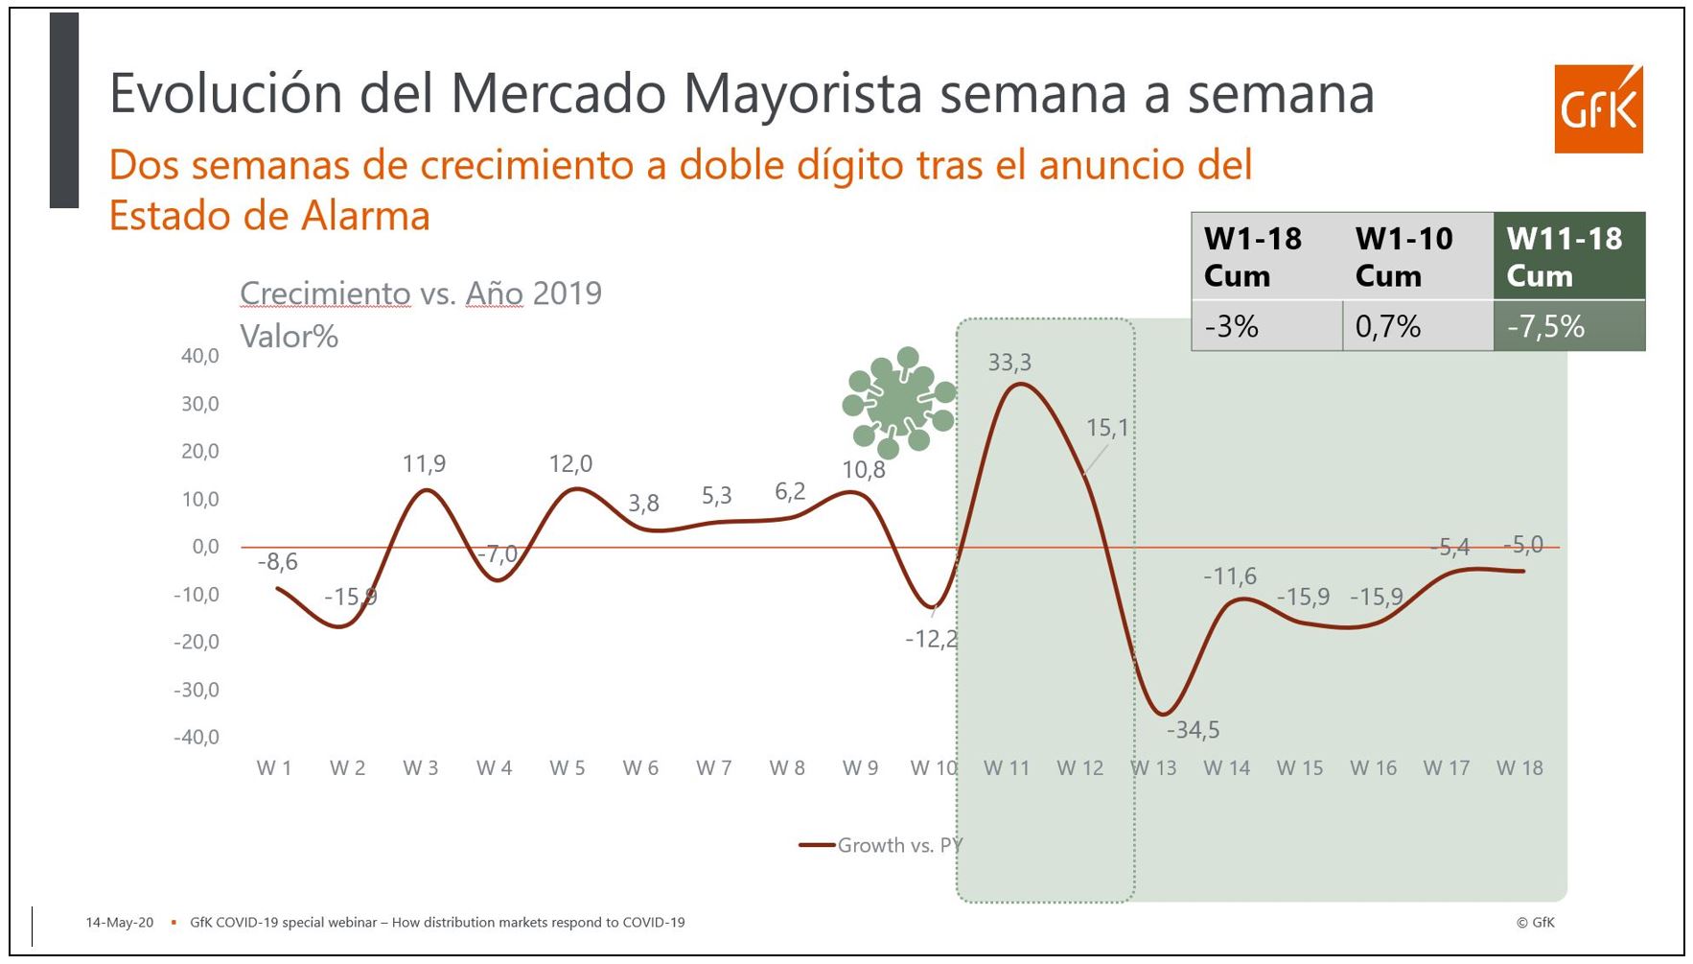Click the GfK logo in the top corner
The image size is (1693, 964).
(1598, 109)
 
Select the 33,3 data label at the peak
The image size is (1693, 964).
(1009, 363)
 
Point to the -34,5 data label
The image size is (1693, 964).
(1194, 730)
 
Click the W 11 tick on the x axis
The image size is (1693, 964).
(1007, 768)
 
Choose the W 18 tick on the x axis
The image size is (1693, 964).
(1519, 768)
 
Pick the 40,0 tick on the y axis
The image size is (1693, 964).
(199, 356)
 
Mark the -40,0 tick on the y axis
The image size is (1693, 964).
(197, 738)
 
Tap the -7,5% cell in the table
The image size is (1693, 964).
(1545, 327)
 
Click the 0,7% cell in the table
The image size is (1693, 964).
(1388, 327)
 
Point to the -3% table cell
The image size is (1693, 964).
(1231, 327)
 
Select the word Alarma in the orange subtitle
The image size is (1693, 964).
(365, 216)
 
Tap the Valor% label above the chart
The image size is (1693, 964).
(289, 337)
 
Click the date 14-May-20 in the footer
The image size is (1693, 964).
(119, 923)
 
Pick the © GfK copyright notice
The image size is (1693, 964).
(1535, 923)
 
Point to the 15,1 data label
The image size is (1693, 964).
(1107, 428)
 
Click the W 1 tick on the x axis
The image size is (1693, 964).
(274, 768)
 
